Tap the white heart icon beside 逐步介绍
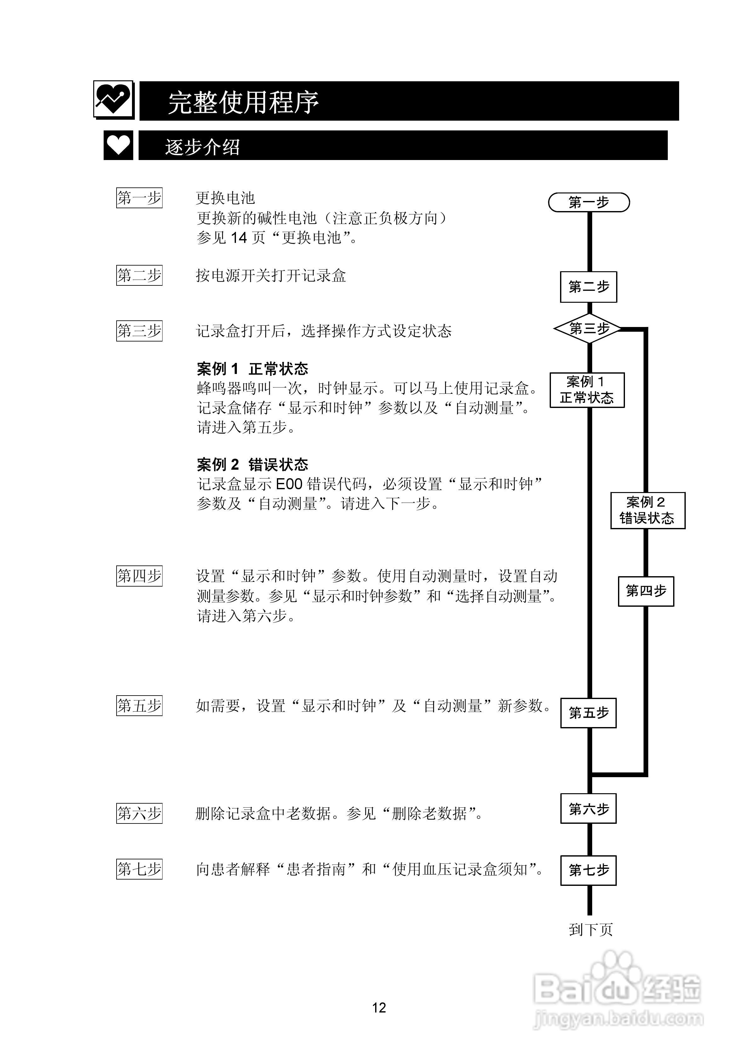pyautogui.click(x=118, y=145)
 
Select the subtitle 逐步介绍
pyautogui.click(x=203, y=147)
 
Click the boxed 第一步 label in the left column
pyautogui.click(x=139, y=198)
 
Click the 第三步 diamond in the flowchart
pyautogui.click(x=589, y=329)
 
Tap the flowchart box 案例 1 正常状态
pyautogui.click(x=587, y=390)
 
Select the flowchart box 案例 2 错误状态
pyautogui.click(x=647, y=510)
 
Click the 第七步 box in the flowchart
pyautogui.click(x=588, y=870)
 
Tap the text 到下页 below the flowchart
pyautogui.click(x=591, y=929)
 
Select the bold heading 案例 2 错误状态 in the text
pyautogui.click(x=252, y=464)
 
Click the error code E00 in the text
pyautogui.click(x=289, y=484)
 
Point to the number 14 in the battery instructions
pyautogui.click(x=239, y=238)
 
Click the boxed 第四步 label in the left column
pyautogui.click(x=139, y=576)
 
